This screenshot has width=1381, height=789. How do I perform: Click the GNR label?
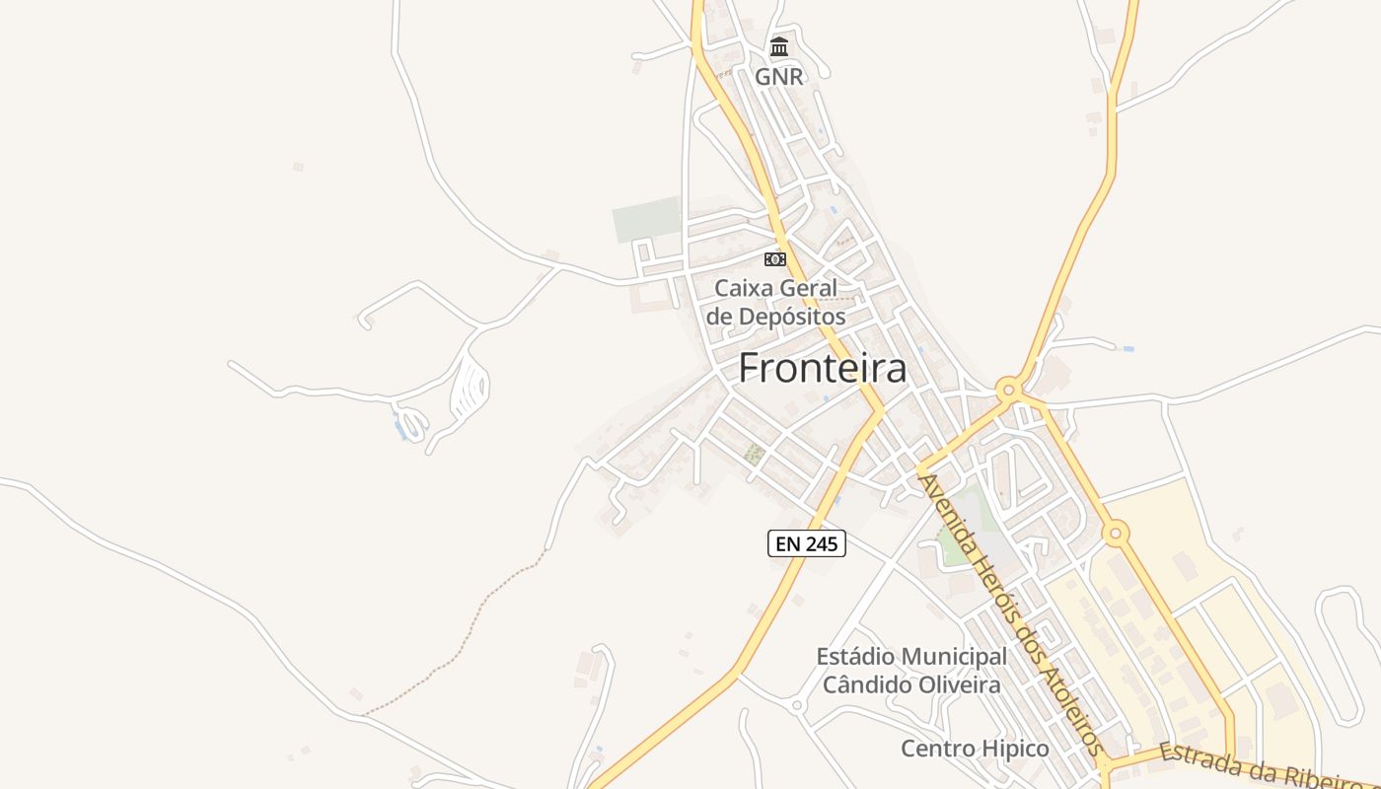click(x=779, y=76)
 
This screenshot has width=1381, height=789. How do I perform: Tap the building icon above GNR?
click(x=779, y=46)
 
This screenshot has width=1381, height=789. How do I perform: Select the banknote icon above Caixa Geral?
click(x=775, y=259)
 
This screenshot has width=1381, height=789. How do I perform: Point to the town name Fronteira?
click(x=822, y=368)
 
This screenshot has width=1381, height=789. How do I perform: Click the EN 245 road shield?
click(x=807, y=542)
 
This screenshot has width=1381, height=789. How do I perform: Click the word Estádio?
click(x=855, y=657)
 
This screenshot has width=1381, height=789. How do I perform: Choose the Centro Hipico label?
click(x=975, y=749)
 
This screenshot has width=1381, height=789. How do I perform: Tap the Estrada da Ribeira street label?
click(x=1267, y=767)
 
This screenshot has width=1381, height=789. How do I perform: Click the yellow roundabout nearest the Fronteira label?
click(x=1008, y=390)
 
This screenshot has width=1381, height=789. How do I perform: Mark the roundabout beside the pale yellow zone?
click(x=1116, y=534)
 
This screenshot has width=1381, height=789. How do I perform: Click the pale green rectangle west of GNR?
click(x=647, y=219)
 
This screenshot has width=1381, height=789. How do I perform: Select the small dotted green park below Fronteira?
click(x=755, y=454)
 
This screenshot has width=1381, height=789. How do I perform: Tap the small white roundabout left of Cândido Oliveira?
click(x=797, y=705)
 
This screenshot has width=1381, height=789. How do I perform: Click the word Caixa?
click(x=744, y=289)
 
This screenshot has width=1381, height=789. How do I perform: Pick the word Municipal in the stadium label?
click(x=954, y=657)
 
